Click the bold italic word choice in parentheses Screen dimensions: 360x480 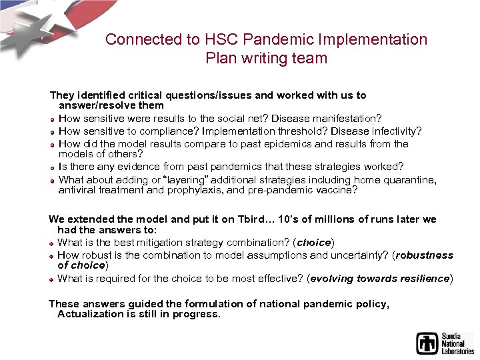pos(313,242)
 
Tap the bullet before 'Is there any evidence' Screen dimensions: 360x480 pos(53,167)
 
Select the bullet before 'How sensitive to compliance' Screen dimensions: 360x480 pos(53,131)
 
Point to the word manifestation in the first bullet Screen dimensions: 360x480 pos(346,118)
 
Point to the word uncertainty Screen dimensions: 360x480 pos(361,255)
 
